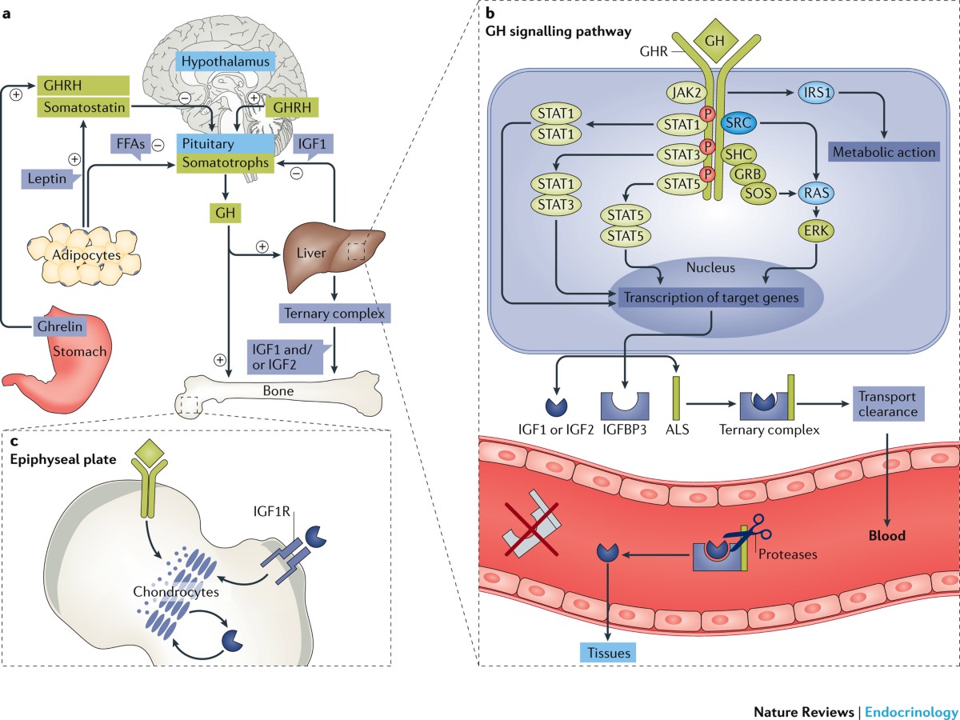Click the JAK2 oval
(686, 93)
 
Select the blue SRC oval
(738, 123)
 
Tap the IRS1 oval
(817, 93)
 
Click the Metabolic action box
(884, 152)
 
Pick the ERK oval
(816, 230)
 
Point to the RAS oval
(816, 193)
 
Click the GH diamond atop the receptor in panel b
(714, 41)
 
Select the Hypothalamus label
(226, 62)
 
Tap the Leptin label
(47, 178)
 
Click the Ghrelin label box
(60, 326)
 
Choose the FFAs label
(130, 144)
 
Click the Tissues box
(608, 653)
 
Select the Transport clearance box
(888, 404)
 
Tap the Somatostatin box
(84, 107)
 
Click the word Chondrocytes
(176, 591)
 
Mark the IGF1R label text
(271, 511)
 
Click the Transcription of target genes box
(710, 298)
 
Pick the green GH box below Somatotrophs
(226, 213)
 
